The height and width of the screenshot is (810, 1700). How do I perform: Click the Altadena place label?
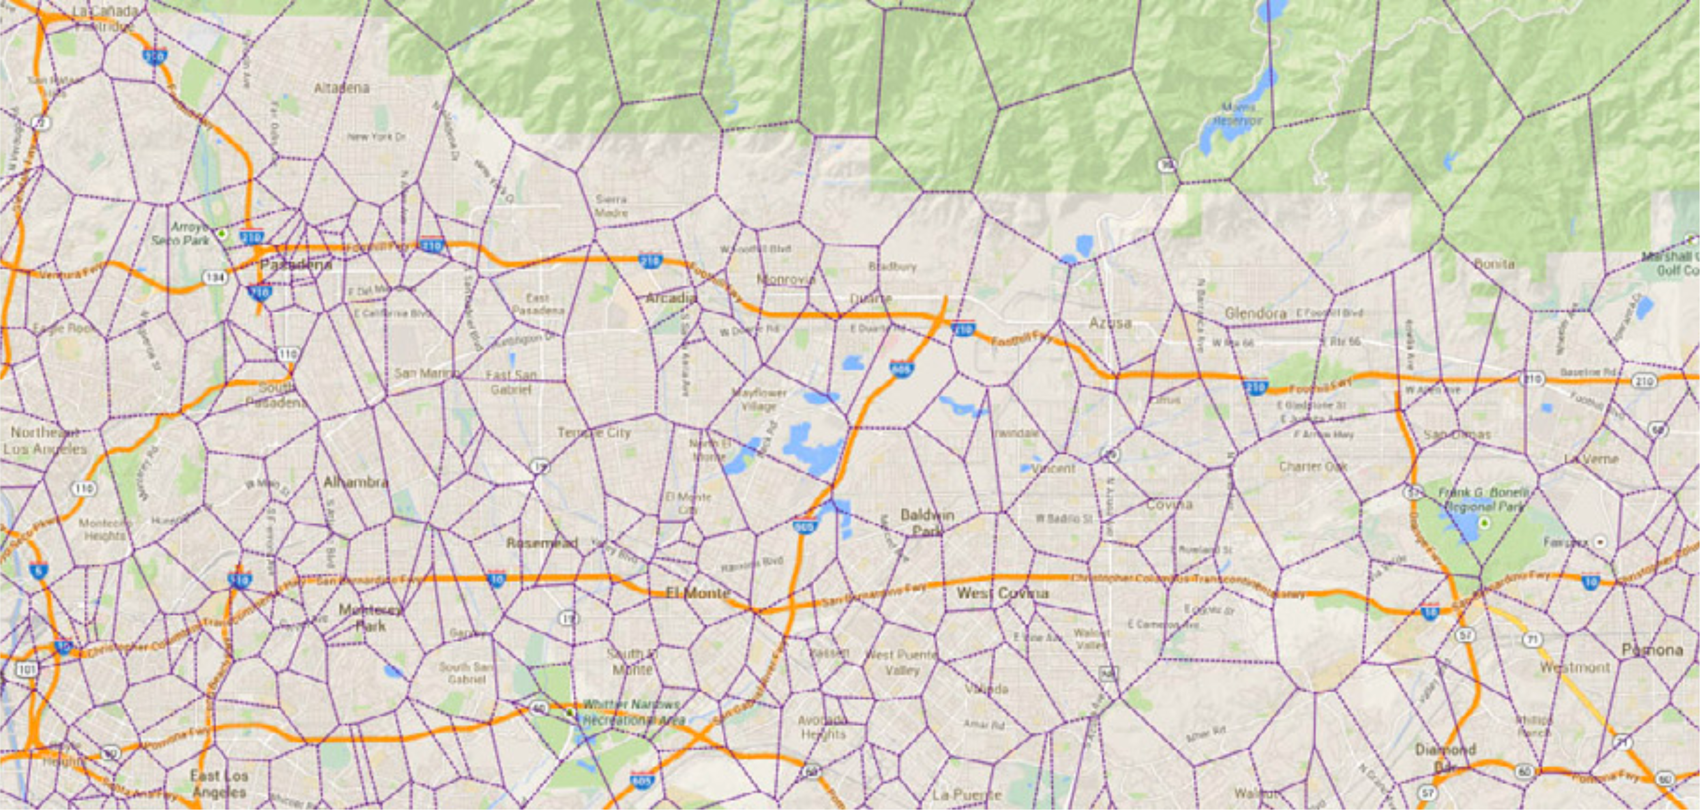click(x=341, y=88)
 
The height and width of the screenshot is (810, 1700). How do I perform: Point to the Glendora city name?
click(x=1255, y=313)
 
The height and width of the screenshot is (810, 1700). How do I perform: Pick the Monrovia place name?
click(x=785, y=280)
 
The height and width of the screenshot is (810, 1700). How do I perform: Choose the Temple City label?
click(x=594, y=433)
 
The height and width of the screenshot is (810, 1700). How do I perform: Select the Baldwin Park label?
click(x=927, y=523)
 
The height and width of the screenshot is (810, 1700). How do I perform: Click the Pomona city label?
click(x=1652, y=650)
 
